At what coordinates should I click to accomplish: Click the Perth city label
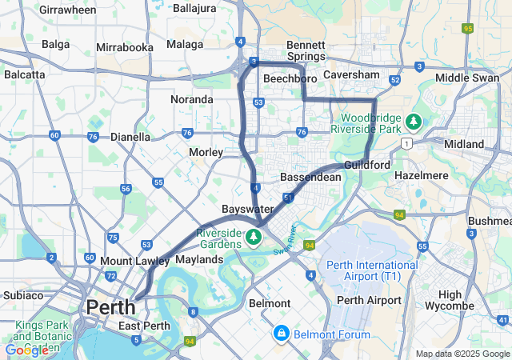tap(110, 306)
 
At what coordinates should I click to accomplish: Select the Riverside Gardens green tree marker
tap(254, 236)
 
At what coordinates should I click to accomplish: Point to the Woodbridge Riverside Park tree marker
tap(414, 122)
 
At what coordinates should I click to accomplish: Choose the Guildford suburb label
tap(367, 165)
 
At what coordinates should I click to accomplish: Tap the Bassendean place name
tap(310, 176)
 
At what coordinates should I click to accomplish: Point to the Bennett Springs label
tap(306, 51)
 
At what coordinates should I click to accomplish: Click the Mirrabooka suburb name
tap(124, 47)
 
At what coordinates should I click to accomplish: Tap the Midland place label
tap(464, 144)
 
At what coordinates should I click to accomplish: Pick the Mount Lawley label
tap(134, 261)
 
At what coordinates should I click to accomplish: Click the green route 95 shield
tap(467, 28)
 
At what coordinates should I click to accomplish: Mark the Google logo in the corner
tap(26, 350)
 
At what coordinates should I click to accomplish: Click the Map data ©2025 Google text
tap(462, 354)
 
